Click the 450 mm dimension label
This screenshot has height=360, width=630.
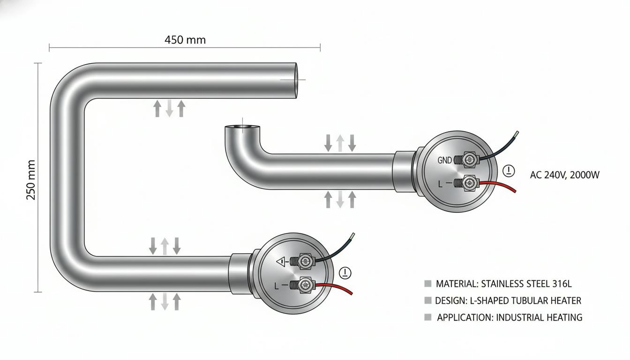[185, 40]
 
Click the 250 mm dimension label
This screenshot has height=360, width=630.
[31, 180]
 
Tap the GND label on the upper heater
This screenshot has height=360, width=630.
[444, 160]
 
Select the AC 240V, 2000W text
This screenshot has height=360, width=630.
[565, 175]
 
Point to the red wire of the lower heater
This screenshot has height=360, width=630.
[334, 288]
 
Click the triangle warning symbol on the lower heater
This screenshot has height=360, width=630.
[281, 262]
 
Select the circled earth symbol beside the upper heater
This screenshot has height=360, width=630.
[509, 171]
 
